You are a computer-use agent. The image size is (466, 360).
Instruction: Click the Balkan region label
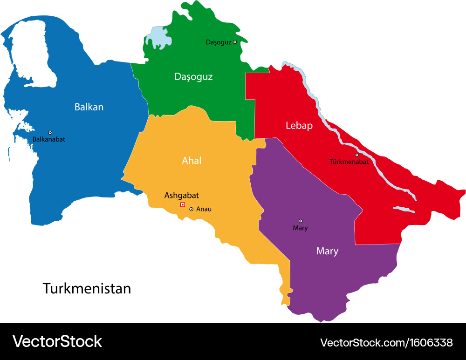pyautogui.click(x=89, y=107)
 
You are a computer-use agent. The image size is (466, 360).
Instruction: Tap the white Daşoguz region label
pyautogui.click(x=193, y=77)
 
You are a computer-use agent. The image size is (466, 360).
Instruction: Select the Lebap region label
pyautogui.click(x=299, y=126)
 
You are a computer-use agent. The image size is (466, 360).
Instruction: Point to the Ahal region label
pyautogui.click(x=192, y=161)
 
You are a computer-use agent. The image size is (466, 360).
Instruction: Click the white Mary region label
pyautogui.click(x=327, y=251)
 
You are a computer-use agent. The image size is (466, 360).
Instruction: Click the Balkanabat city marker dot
pyautogui.click(x=50, y=133)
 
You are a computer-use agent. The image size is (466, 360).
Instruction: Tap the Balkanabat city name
pyautogui.click(x=49, y=139)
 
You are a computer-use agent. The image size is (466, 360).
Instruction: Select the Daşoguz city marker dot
pyautogui.click(x=235, y=42)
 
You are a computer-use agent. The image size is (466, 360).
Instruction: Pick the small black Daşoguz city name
pyautogui.click(x=219, y=42)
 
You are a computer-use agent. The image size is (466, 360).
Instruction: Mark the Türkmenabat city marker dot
pyautogui.click(x=357, y=155)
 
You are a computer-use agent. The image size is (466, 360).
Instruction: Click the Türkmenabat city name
pyautogui.click(x=349, y=162)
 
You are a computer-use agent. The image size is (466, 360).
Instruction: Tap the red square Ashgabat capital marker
pyautogui.click(x=183, y=204)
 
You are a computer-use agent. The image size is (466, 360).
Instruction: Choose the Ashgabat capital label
pyautogui.click(x=182, y=196)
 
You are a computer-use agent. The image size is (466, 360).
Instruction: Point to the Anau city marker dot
pyautogui.click(x=191, y=209)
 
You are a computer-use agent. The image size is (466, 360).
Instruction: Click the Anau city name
pyautogui.click(x=204, y=209)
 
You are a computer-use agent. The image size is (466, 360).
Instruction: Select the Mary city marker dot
pyautogui.click(x=301, y=221)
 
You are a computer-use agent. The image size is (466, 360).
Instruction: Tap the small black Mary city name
pyautogui.click(x=300, y=228)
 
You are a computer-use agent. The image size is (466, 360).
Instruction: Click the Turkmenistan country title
pyautogui.click(x=87, y=288)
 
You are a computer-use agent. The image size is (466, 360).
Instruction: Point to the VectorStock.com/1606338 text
pyautogui.click(x=386, y=343)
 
